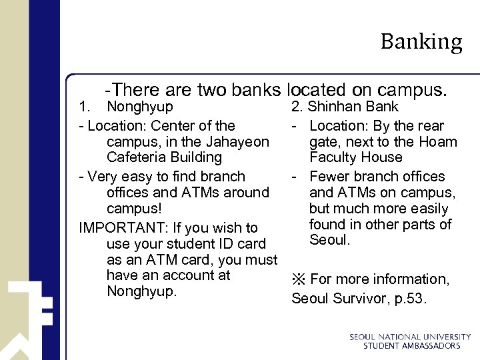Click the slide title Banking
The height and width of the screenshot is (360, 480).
coord(421,42)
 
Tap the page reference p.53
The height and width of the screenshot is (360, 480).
coord(407,299)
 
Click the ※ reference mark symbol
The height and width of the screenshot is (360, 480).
coord(299,279)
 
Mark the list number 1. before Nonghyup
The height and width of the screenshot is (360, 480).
coord(85,107)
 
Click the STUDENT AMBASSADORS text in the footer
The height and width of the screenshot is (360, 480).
coord(411,346)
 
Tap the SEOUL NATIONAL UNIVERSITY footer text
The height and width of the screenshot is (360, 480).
coord(410,337)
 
